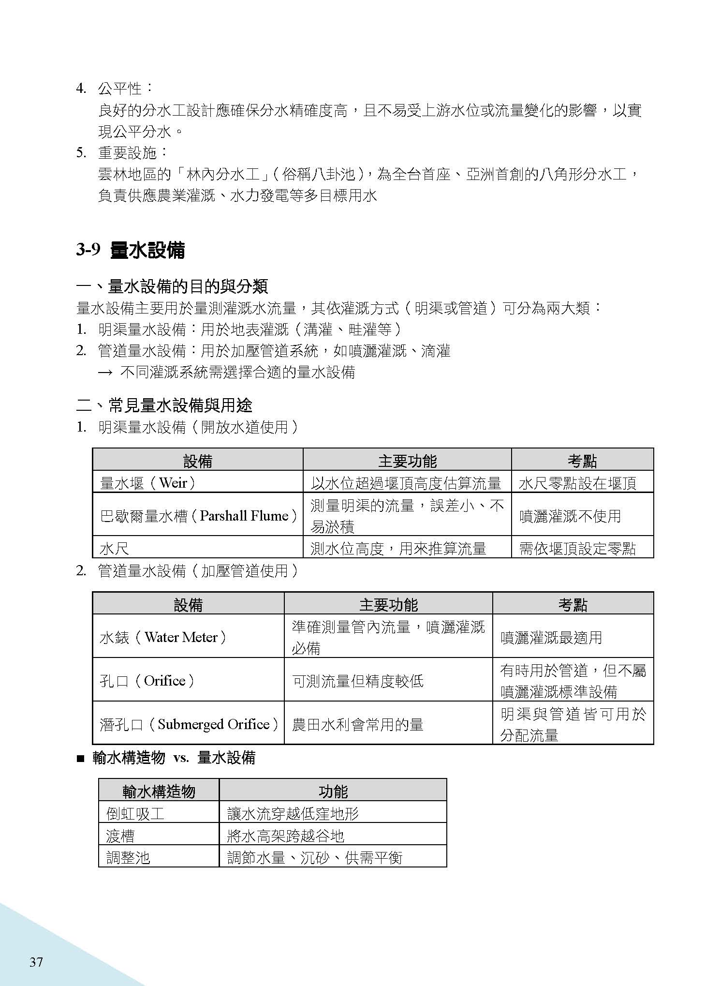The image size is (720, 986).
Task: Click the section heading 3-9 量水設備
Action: pos(131,250)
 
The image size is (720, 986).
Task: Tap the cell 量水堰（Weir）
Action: pos(148,483)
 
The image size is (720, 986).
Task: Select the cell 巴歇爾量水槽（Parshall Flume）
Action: pos(198,516)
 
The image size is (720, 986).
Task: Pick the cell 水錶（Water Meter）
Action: pos(163,637)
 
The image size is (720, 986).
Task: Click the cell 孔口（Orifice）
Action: pos(147,681)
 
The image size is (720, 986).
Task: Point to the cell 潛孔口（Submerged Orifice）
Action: pos(189,724)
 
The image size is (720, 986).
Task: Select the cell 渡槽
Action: pos(120,836)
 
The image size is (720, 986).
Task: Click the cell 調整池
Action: pos(128,858)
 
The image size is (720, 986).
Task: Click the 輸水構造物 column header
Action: pos(159,792)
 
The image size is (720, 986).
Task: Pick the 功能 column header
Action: pos(333,792)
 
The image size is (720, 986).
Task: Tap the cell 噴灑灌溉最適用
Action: pos(551,637)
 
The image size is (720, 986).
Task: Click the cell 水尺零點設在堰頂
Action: pos(577,483)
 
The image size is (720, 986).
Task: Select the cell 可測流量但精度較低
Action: pos(358,681)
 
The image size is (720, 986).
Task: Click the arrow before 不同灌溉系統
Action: pos(105,373)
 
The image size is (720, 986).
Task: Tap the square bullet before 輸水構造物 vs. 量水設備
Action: pos(80,759)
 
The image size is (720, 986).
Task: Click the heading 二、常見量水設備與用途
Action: pos(164,405)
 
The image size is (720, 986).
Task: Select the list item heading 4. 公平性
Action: pos(114,89)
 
